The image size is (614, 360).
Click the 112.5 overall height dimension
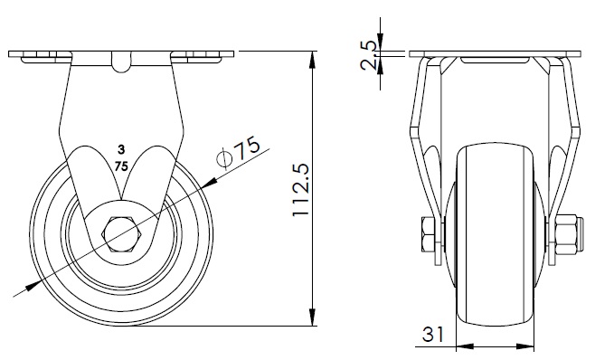301,190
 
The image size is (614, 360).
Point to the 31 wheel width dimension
433,334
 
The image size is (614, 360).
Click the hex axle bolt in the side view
122,234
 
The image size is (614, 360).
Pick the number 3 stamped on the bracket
121,149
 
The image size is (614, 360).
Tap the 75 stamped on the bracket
121,166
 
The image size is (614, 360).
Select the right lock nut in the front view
567,234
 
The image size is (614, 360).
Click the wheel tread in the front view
496,234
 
